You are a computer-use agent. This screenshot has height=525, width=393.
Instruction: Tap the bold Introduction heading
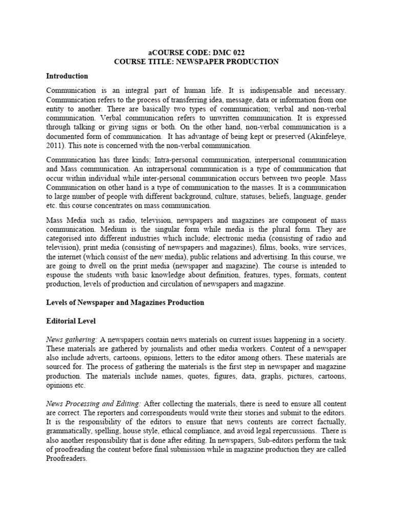[67, 76]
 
